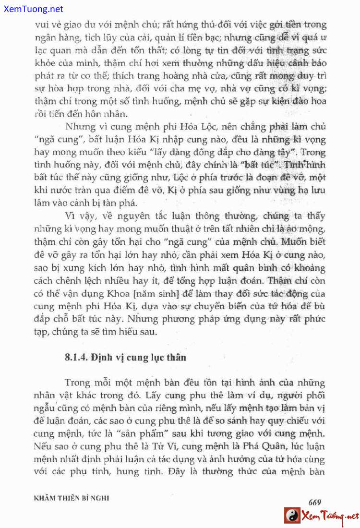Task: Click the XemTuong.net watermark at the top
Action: click(32, 9)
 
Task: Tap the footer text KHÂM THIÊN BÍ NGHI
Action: click(72, 498)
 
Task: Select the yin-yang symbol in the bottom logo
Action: click(291, 516)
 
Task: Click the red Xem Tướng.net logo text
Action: click(329, 516)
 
